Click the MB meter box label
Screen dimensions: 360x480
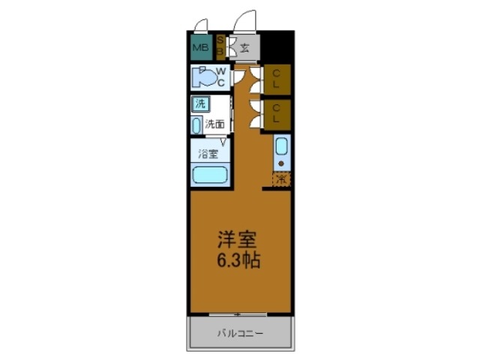tap(199, 49)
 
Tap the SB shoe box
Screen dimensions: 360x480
tap(220, 46)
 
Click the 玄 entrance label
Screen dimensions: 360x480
tap(245, 49)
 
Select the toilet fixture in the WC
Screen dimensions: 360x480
tap(202, 77)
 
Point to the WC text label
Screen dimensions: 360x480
tap(222, 76)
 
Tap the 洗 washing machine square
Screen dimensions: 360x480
tap(200, 103)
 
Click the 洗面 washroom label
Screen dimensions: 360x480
tap(215, 124)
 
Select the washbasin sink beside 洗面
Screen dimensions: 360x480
tap(196, 125)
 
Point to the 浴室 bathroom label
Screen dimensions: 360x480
tap(208, 154)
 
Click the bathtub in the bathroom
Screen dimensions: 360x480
tap(210, 175)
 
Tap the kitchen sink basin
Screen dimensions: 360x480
tap(281, 146)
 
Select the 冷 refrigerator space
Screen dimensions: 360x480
tap(281, 180)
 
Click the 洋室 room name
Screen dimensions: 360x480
tap(237, 241)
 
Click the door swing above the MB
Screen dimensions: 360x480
tap(199, 24)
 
